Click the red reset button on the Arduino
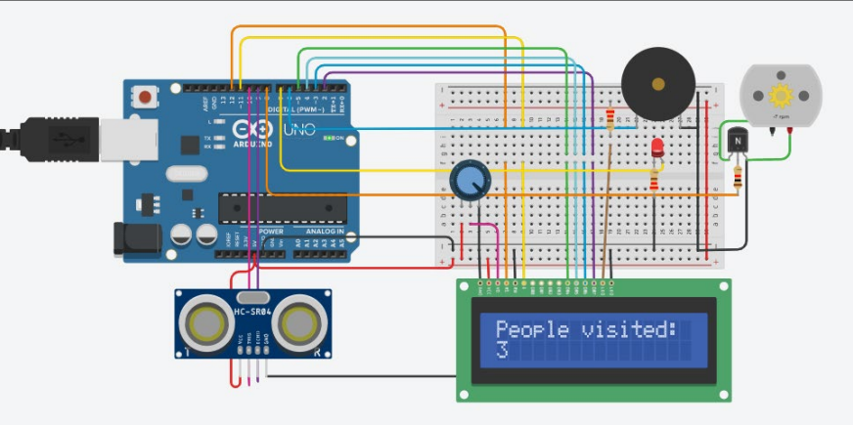[x=147, y=98]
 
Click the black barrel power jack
[x=136, y=239]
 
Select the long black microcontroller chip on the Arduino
[x=283, y=207]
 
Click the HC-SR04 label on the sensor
[x=253, y=311]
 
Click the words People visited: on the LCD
[x=586, y=329]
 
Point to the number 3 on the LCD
[x=502, y=351]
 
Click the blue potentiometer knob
[x=471, y=180]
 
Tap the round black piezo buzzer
[x=658, y=83]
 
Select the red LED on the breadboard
[x=657, y=149]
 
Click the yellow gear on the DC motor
[x=781, y=96]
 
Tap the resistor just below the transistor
[x=737, y=177]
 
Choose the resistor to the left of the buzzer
[x=611, y=120]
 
